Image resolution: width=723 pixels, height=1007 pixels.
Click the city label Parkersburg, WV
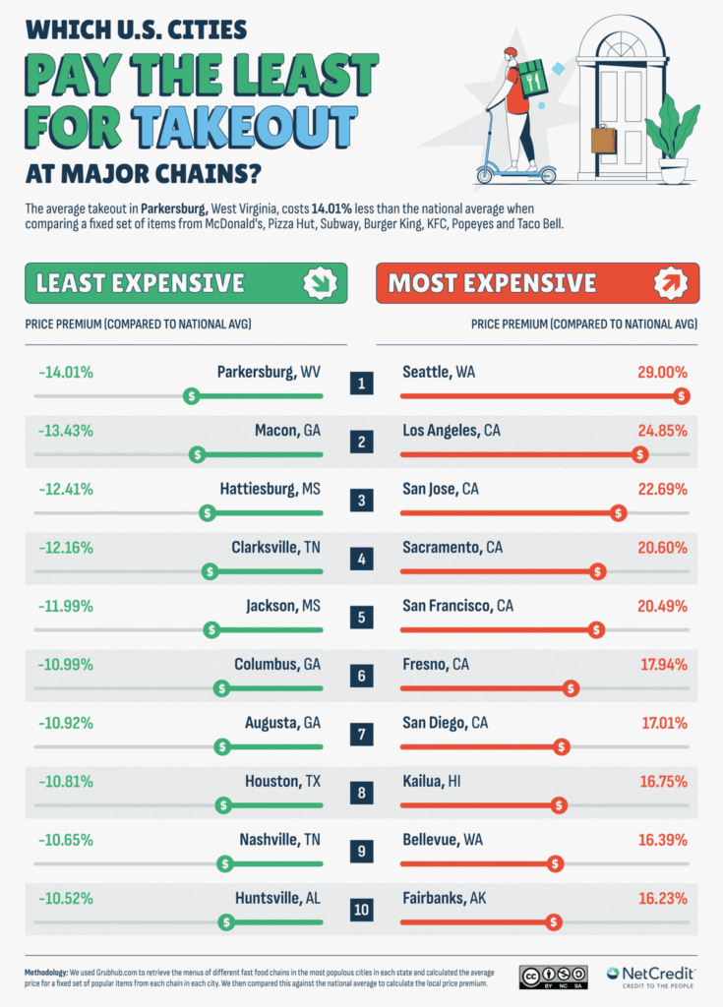[x=269, y=373]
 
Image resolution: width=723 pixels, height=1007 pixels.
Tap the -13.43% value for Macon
[x=66, y=431]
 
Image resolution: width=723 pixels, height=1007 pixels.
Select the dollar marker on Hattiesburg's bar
[x=206, y=512]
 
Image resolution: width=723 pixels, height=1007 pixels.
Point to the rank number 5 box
[x=362, y=618]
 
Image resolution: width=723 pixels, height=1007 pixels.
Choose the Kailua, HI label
[x=435, y=781]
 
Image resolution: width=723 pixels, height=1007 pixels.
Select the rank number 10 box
[x=362, y=910]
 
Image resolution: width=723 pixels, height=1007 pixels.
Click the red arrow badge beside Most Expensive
[x=672, y=283]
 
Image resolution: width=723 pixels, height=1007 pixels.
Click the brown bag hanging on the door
[x=603, y=140]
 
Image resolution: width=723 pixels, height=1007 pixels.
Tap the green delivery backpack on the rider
[x=532, y=79]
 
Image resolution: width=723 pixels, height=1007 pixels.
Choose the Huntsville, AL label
[x=278, y=898]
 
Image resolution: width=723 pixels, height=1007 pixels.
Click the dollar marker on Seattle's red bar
[x=682, y=395]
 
